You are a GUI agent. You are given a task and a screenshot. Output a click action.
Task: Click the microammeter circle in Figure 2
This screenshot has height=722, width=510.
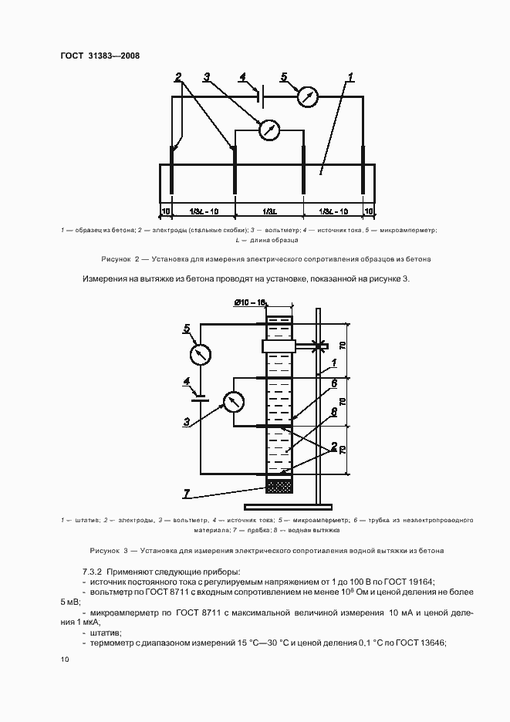tap(308, 96)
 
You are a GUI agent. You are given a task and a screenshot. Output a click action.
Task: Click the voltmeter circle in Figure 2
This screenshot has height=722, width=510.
tap(268, 130)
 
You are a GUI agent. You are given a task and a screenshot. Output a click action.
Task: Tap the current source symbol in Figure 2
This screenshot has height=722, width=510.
tap(262, 96)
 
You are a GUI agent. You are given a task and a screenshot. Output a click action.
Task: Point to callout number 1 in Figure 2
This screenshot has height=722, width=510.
tap(350, 77)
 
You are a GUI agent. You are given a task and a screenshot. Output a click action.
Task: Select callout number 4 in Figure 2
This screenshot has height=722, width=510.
tap(243, 76)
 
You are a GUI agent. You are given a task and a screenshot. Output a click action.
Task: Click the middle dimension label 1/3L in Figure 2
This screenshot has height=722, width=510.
tap(269, 211)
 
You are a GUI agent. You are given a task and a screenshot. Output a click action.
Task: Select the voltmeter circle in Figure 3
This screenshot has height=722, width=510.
tap(232, 401)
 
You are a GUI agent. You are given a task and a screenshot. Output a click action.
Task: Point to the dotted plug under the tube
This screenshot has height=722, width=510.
tap(279, 486)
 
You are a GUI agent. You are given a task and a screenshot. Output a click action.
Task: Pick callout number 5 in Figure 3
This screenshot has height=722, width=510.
tap(186, 329)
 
